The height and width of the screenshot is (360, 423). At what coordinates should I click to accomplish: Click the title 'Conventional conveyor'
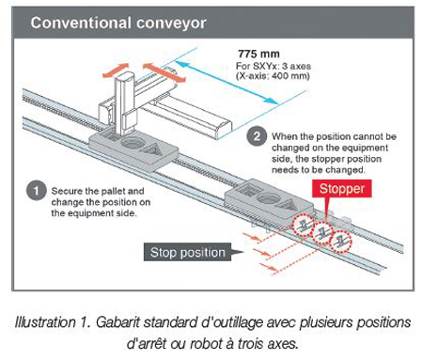pyautogui.click(x=118, y=23)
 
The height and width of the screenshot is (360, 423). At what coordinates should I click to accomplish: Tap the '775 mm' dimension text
pyautogui.click(x=258, y=54)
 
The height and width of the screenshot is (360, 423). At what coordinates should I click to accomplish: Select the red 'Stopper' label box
pyautogui.click(x=342, y=189)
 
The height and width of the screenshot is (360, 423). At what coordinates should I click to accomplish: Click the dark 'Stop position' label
pyautogui.click(x=187, y=252)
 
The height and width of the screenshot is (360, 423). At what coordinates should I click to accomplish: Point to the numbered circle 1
pyautogui.click(x=37, y=190)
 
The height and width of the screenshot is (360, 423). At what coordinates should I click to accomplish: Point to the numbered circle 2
pyautogui.click(x=257, y=136)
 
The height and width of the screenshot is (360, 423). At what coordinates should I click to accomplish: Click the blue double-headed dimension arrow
pyautogui.click(x=227, y=83)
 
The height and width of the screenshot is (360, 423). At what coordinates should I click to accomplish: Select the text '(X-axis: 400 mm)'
pyautogui.click(x=273, y=76)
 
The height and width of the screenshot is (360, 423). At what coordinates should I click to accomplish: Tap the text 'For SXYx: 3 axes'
pyautogui.click(x=274, y=67)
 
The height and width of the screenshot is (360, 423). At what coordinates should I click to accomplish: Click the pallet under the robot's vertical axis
pyautogui.click(x=134, y=149)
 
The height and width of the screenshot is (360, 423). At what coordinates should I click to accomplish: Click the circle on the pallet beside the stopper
pyautogui.click(x=269, y=199)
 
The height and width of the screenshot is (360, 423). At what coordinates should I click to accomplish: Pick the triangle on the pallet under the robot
pyautogui.click(x=152, y=149)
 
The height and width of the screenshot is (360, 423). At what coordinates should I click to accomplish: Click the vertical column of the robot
pyautogui.click(x=125, y=103)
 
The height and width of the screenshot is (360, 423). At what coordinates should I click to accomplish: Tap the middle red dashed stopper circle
pyautogui.click(x=321, y=232)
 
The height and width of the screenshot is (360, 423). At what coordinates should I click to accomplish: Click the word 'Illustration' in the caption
pyautogui.click(x=45, y=322)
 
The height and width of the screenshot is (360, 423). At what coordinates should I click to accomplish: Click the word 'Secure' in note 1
pyautogui.click(x=65, y=191)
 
